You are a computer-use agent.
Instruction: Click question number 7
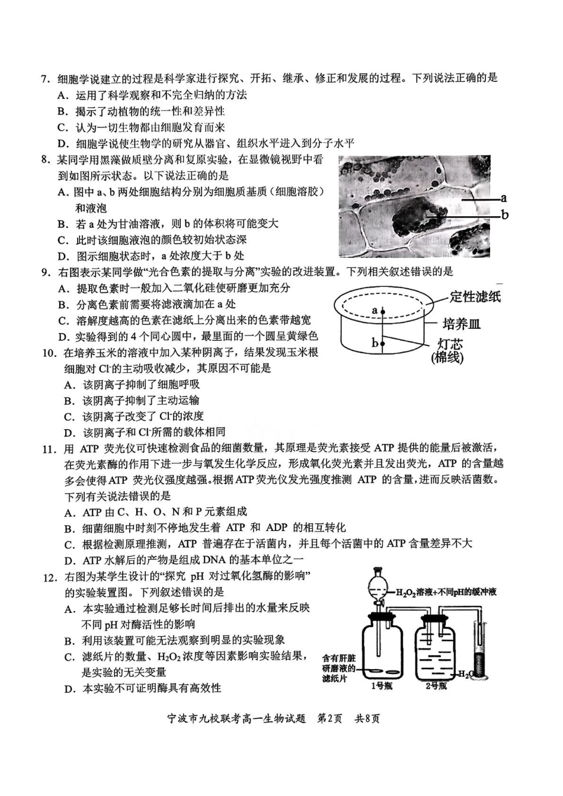coord(44,79)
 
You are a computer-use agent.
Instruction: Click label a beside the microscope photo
coord(503,199)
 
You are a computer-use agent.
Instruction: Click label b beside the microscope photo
coord(504,215)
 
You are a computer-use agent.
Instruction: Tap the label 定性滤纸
coord(475,297)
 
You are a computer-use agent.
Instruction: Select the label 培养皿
coord(462,324)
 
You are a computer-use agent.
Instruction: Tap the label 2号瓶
coord(436,686)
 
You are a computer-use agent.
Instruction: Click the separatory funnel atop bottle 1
coord(378,587)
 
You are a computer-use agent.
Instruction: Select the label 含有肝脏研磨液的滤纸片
coord(338,668)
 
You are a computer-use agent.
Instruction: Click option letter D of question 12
coord(70,689)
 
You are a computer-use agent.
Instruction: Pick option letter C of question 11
coord(70,544)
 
